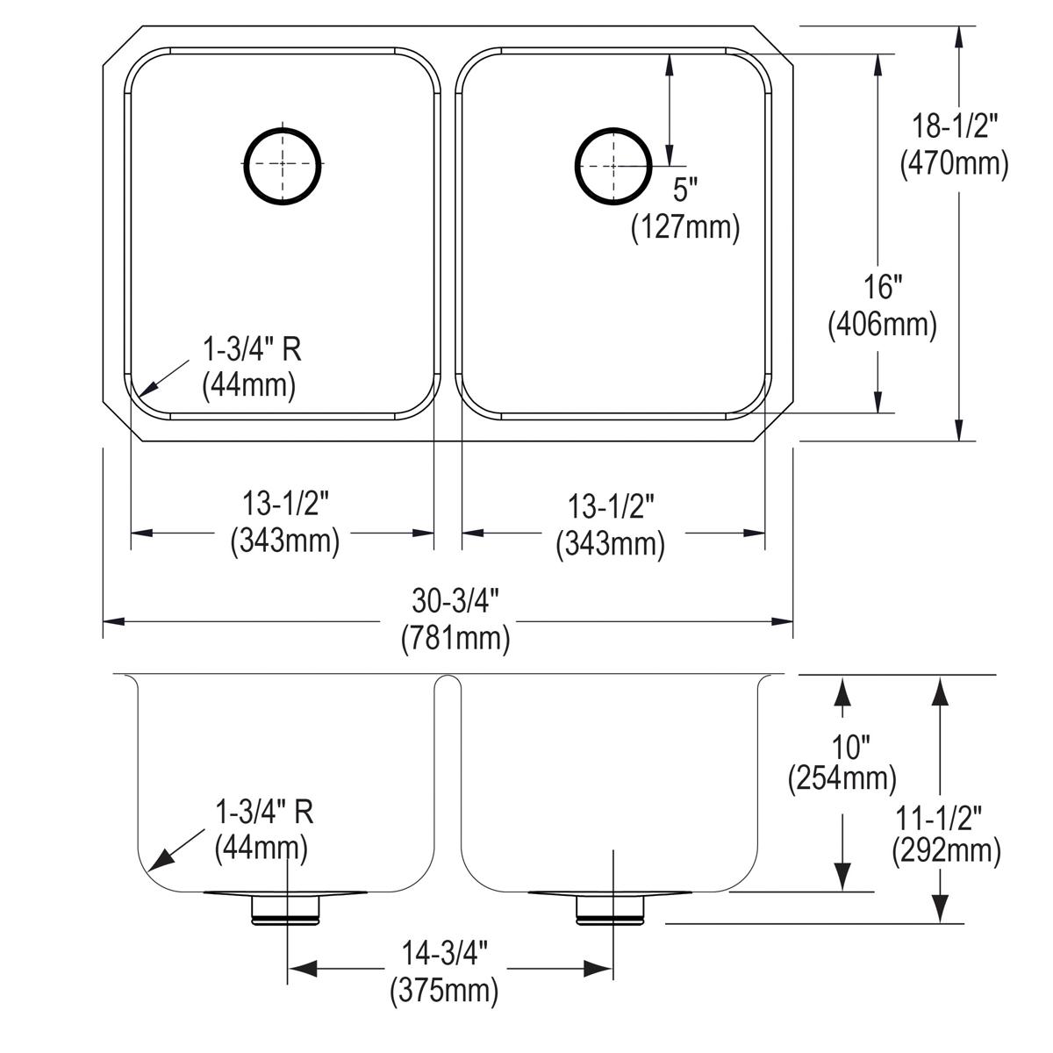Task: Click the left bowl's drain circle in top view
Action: (282, 165)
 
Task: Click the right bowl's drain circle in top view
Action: (612, 165)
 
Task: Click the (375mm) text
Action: (445, 992)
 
